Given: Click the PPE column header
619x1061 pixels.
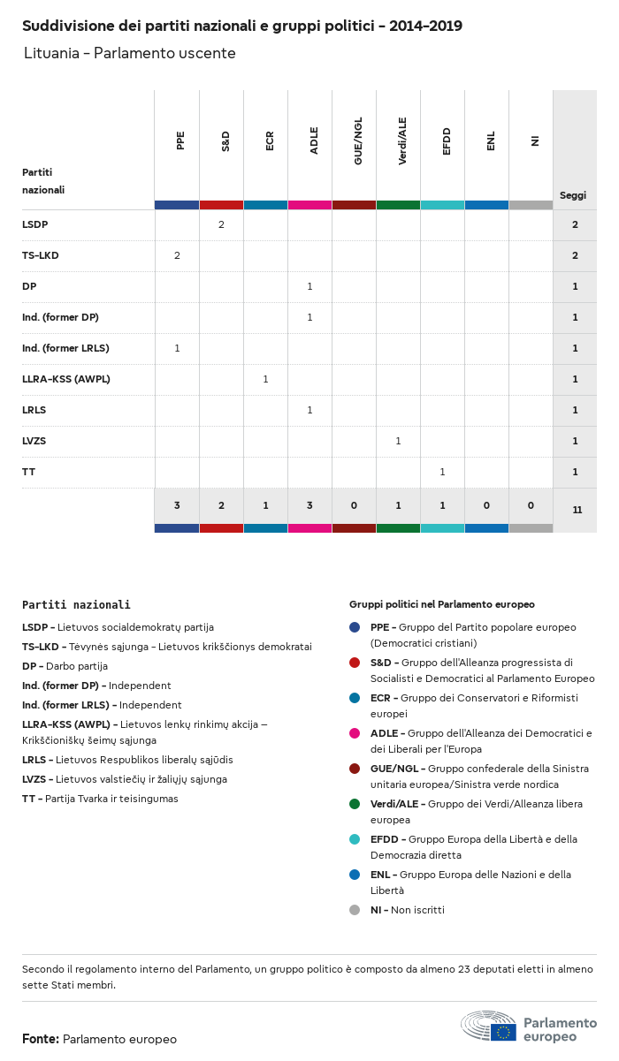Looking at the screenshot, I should (x=180, y=140).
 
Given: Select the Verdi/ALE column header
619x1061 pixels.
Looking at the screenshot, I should (x=401, y=142).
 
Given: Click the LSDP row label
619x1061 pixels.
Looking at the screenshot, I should (x=34, y=224).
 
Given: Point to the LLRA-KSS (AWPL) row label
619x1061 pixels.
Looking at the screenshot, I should (x=66, y=379).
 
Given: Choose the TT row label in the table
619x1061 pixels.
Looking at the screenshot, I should (x=28, y=472).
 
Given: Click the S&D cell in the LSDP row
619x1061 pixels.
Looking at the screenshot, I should (x=221, y=224).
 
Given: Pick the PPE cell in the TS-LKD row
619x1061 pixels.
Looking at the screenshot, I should (x=177, y=255).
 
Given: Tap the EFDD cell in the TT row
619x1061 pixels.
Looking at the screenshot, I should (x=442, y=472).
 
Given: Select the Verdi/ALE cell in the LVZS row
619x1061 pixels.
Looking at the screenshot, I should (x=398, y=441).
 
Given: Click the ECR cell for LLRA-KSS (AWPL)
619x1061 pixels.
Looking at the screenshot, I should (x=265, y=379).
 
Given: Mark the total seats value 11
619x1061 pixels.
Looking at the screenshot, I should (x=577, y=510).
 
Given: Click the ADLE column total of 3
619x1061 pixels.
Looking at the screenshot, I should (x=309, y=505).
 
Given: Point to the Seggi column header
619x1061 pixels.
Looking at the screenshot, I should (x=573, y=195).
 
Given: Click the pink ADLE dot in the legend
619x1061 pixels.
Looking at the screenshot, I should (x=355, y=732).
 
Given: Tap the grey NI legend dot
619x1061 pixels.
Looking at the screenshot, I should (x=355, y=909).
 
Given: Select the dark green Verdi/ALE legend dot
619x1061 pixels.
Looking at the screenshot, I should (x=355, y=803).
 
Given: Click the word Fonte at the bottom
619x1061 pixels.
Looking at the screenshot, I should (x=41, y=1039).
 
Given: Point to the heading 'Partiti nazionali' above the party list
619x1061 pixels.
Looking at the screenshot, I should (x=76, y=604).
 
